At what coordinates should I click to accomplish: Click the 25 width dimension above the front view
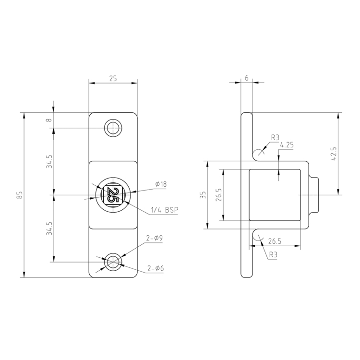tap(113, 78)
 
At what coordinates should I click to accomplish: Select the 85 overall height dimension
tap(19, 195)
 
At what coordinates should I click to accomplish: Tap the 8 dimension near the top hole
tap(49, 120)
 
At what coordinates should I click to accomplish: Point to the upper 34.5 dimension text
tap(49, 162)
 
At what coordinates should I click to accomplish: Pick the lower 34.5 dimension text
tap(49, 228)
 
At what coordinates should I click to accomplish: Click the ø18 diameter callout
tap(161, 184)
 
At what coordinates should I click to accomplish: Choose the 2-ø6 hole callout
tap(156, 269)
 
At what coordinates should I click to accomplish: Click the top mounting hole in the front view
tap(113, 128)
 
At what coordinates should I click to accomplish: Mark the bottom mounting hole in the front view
tap(113, 262)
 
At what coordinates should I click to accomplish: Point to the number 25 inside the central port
tap(113, 195)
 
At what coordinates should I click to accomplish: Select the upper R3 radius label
tap(275, 138)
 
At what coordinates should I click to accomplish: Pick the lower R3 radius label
tap(273, 255)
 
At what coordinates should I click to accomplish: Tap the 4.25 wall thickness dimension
tap(287, 144)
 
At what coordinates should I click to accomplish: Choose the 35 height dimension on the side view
tap(203, 195)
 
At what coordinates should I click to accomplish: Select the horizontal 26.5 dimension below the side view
tap(275, 241)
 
